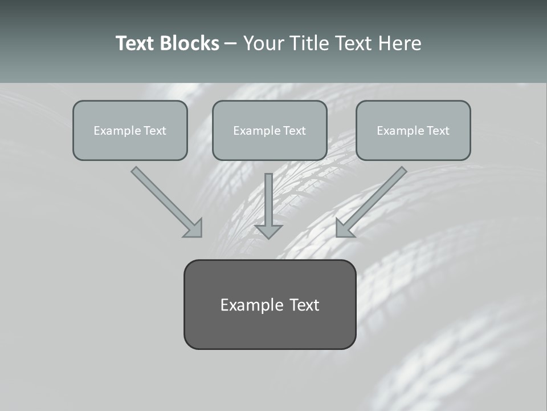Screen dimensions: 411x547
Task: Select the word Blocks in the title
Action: (x=189, y=43)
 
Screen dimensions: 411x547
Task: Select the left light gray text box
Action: (x=130, y=130)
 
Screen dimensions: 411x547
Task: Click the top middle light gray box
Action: (x=270, y=130)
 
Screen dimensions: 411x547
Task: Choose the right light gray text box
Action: (x=413, y=130)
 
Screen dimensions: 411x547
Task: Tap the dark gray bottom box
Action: (x=270, y=304)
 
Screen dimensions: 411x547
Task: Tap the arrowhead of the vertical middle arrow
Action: (x=268, y=231)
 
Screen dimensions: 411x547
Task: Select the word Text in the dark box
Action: (x=304, y=305)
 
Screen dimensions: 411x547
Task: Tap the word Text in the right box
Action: (x=438, y=131)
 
